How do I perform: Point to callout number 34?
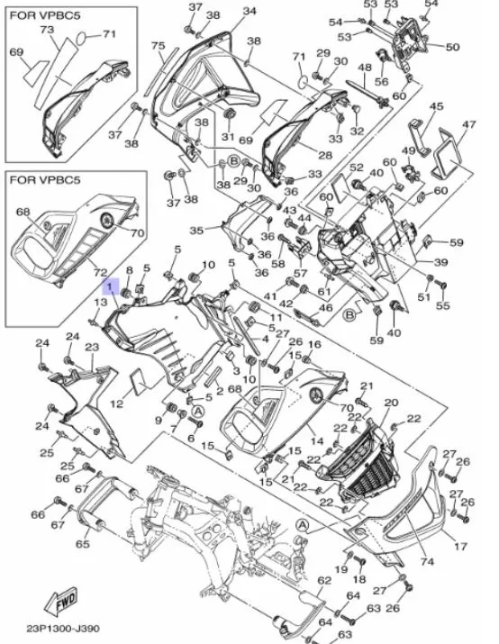249,11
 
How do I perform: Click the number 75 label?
158,46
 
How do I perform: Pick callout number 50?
452,47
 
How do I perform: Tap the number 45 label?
436,107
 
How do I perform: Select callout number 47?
468,124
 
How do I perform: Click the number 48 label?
365,68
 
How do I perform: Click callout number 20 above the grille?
390,403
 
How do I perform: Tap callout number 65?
82,545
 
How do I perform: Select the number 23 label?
91,347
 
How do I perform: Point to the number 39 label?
441,262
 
